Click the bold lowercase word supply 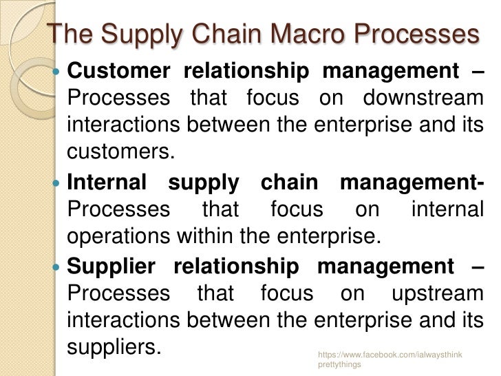coord(205,183)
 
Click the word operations coord(121,237)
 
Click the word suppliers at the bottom coord(114,346)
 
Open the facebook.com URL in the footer coord(390,355)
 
